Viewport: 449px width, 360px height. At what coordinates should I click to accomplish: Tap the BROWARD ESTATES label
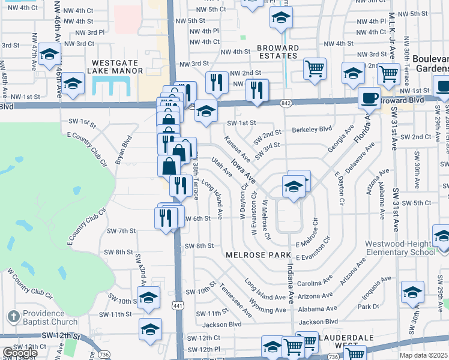pos(278,52)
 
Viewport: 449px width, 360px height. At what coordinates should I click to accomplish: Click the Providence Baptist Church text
pos(51,318)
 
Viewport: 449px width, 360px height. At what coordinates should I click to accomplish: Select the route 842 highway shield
pos(285,103)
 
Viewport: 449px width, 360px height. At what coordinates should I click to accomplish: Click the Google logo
pos(20,353)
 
